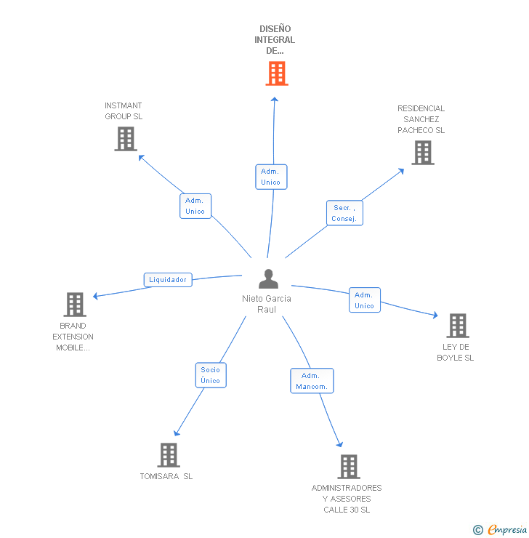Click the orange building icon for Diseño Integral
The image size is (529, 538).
click(x=276, y=73)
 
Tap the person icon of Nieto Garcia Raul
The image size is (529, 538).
click(x=268, y=279)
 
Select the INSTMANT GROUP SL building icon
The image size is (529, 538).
click(x=125, y=139)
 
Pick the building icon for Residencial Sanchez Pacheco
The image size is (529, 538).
click(x=422, y=153)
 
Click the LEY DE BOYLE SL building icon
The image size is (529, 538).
click(x=457, y=326)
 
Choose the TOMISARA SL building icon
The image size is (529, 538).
click(x=169, y=455)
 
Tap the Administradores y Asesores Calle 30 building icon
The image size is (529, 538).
click(x=348, y=467)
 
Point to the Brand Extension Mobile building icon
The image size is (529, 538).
click(x=74, y=305)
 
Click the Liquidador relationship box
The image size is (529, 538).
click(x=168, y=279)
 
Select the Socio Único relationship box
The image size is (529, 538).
click(x=210, y=375)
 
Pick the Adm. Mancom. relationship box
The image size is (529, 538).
click(x=312, y=381)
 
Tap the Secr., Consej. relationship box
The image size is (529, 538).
click(x=343, y=213)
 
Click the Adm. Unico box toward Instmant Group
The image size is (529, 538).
click(x=195, y=206)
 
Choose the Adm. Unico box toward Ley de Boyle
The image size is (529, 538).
click(x=364, y=300)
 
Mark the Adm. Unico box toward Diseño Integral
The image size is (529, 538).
click(x=271, y=177)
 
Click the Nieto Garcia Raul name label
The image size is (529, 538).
click(x=267, y=304)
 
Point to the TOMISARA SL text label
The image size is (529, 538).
click(x=166, y=477)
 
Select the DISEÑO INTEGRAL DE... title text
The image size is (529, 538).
click(x=275, y=40)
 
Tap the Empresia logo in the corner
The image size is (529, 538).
click(x=500, y=530)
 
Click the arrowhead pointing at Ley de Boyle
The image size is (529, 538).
click(x=435, y=316)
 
